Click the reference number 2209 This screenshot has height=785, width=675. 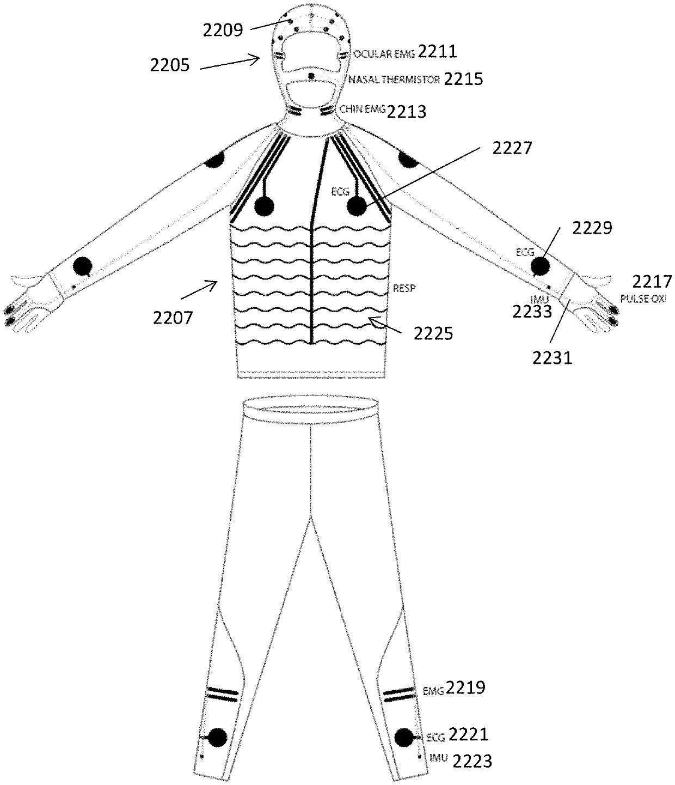click(x=223, y=31)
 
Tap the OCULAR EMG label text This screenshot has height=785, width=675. click(x=384, y=54)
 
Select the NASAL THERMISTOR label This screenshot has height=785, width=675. click(x=394, y=80)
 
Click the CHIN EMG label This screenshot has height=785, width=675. click(x=363, y=109)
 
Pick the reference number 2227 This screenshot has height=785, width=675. click(x=512, y=148)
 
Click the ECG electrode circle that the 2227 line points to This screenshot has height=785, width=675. click(x=357, y=207)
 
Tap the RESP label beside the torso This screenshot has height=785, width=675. click(x=404, y=289)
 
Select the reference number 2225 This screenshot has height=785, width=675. click(x=433, y=334)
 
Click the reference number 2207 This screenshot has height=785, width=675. click(x=173, y=318)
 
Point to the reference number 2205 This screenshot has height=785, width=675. click(x=170, y=66)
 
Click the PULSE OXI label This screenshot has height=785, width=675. click(x=643, y=299)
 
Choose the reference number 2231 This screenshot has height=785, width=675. click(x=552, y=358)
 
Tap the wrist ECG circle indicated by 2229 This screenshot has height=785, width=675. click(x=540, y=266)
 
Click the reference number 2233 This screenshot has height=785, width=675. click(x=532, y=312)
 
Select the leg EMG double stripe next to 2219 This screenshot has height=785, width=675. click(x=398, y=695)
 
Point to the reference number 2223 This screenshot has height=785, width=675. click(x=472, y=761)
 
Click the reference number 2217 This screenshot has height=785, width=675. click(x=652, y=282)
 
